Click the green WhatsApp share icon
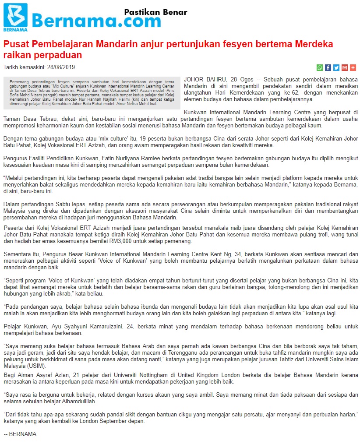click(x=320, y=67)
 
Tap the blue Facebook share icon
click(x=328, y=67)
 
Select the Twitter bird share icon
click(x=336, y=67)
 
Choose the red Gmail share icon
click(x=345, y=67)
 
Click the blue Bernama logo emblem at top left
click(x=15, y=16)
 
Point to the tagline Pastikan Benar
click(x=155, y=12)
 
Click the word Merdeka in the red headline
click(x=314, y=44)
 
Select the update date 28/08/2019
click(x=61, y=67)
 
